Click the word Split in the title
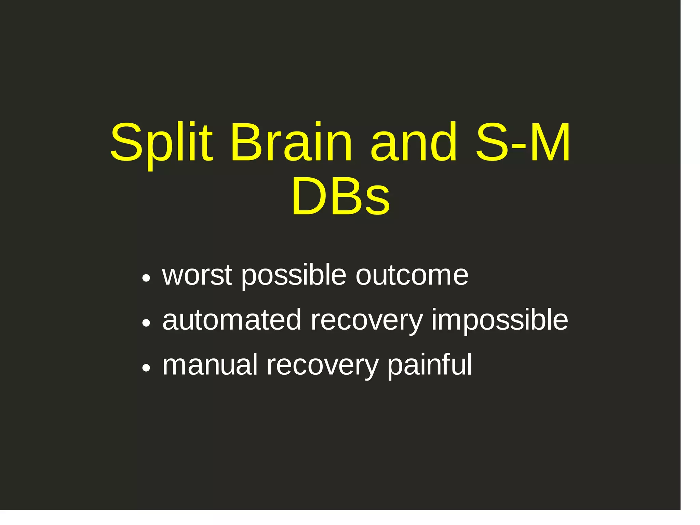tap(161, 142)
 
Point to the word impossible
tap(500, 320)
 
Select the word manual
tap(210, 365)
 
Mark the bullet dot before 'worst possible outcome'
tap(146, 278)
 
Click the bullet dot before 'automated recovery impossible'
tap(146, 323)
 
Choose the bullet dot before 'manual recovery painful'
tap(146, 368)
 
